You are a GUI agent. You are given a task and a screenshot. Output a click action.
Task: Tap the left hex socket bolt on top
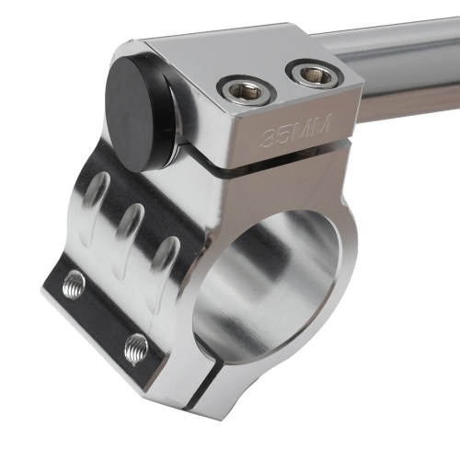[x=247, y=90]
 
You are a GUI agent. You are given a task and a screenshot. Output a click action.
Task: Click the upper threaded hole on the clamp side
[x=74, y=283]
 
